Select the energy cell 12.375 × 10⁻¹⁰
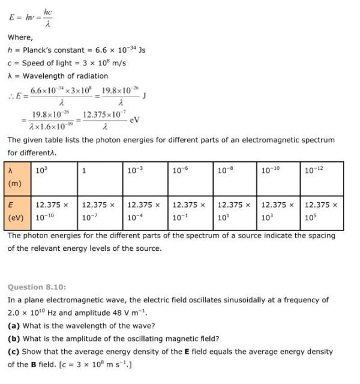point(55,211)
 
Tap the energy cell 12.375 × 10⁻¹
point(190,211)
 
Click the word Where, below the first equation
point(20,37)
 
